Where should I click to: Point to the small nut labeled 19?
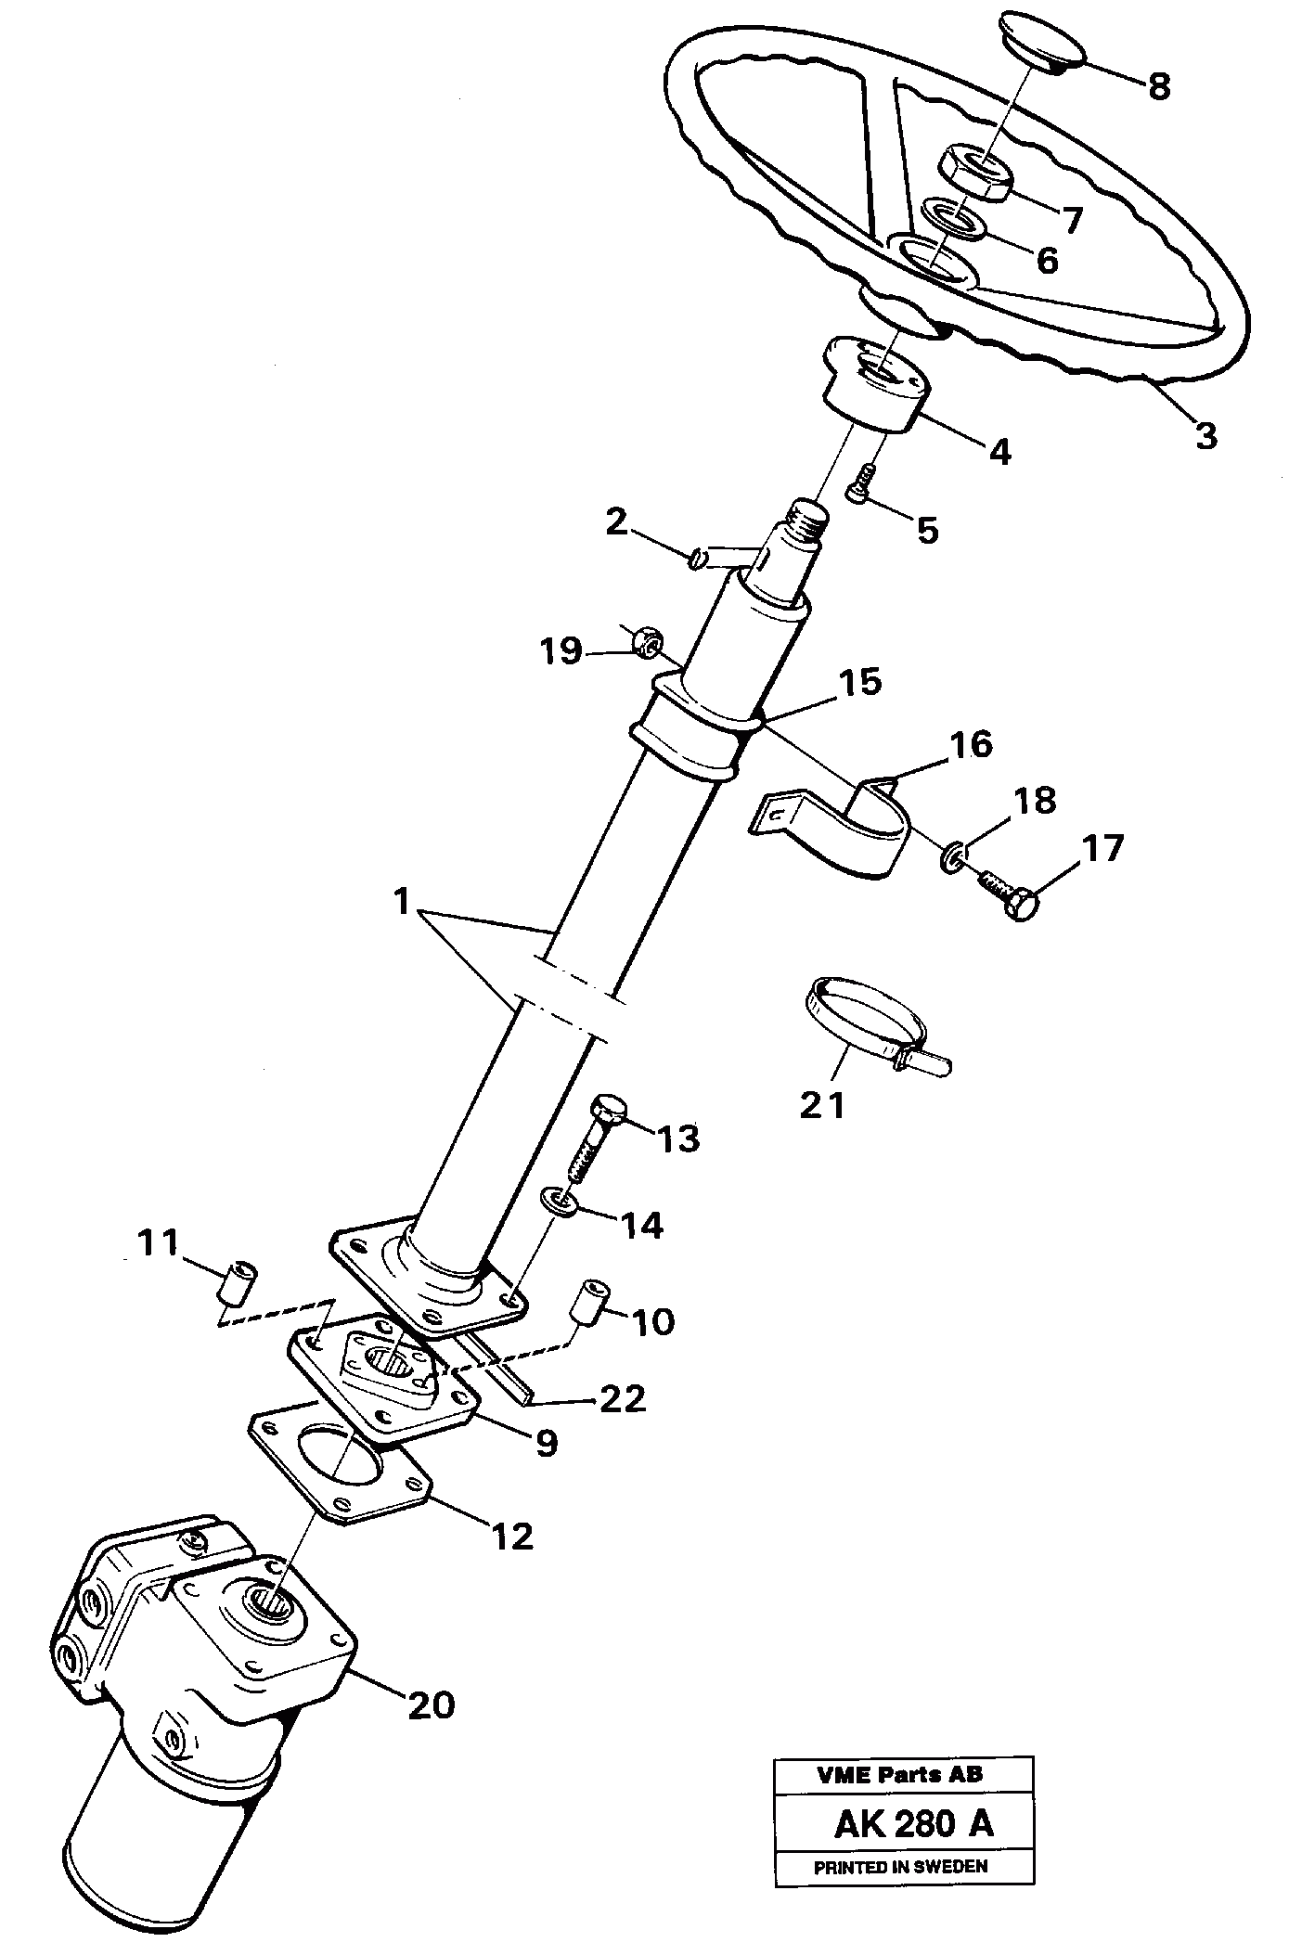coord(646,641)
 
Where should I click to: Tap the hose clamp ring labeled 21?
coord(868,1020)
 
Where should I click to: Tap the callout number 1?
coord(401,901)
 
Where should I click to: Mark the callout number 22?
coord(621,1398)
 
